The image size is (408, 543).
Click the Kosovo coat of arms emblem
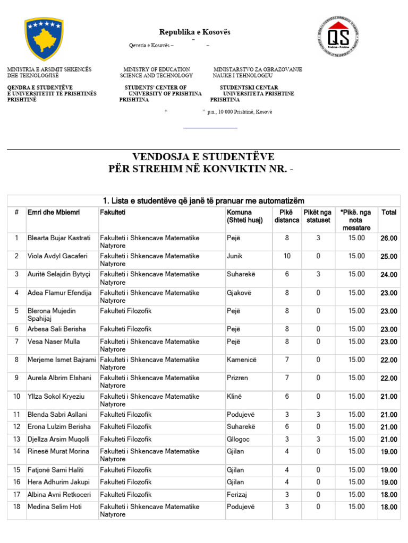click(44, 39)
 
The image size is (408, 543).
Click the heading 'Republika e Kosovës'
click(195, 32)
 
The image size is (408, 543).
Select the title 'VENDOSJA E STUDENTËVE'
click(203, 156)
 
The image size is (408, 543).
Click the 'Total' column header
click(389, 213)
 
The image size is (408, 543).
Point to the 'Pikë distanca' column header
click(287, 216)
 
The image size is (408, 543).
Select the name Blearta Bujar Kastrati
click(59, 238)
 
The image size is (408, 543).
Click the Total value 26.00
click(389, 239)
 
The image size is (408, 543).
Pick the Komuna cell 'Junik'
click(235, 256)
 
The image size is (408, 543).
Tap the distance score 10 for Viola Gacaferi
click(287, 256)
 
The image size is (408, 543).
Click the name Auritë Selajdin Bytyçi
click(59, 274)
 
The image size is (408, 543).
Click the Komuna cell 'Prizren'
click(237, 378)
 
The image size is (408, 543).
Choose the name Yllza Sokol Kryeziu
click(56, 397)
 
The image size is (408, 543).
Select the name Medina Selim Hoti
click(55, 507)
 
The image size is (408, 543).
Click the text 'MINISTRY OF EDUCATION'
click(157, 69)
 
